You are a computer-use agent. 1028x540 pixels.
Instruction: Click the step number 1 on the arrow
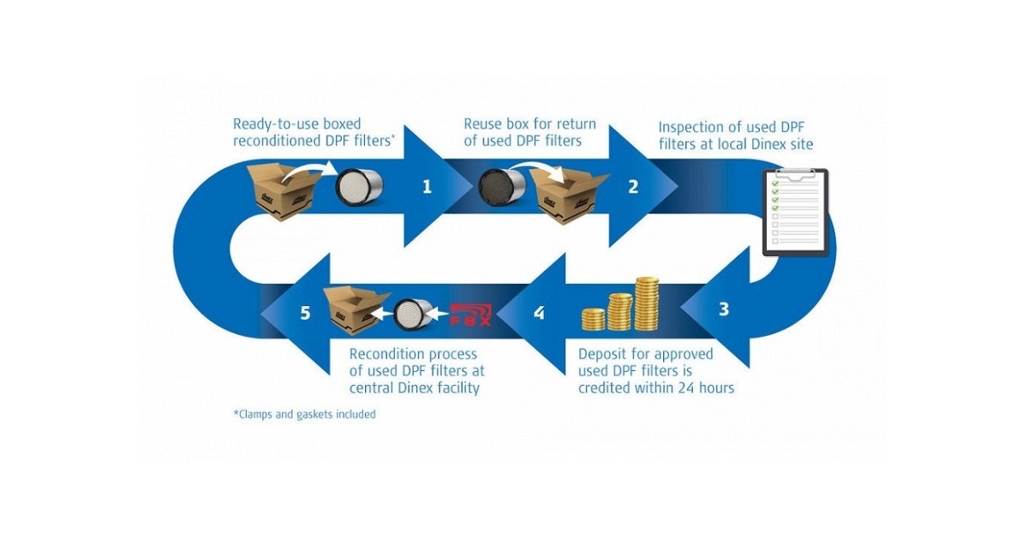click(x=427, y=186)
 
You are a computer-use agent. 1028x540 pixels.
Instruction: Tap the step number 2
click(x=633, y=186)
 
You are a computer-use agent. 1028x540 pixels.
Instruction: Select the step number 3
click(x=724, y=309)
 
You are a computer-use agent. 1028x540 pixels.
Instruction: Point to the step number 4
click(x=539, y=313)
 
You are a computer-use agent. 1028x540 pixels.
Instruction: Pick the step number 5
click(x=306, y=313)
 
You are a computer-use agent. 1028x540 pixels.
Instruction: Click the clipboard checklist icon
click(x=795, y=212)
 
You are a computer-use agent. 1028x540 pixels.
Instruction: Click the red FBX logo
click(x=472, y=315)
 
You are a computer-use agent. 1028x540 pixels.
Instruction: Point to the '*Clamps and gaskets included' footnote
click(x=304, y=414)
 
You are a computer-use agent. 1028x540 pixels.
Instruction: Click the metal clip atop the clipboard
click(x=795, y=173)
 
